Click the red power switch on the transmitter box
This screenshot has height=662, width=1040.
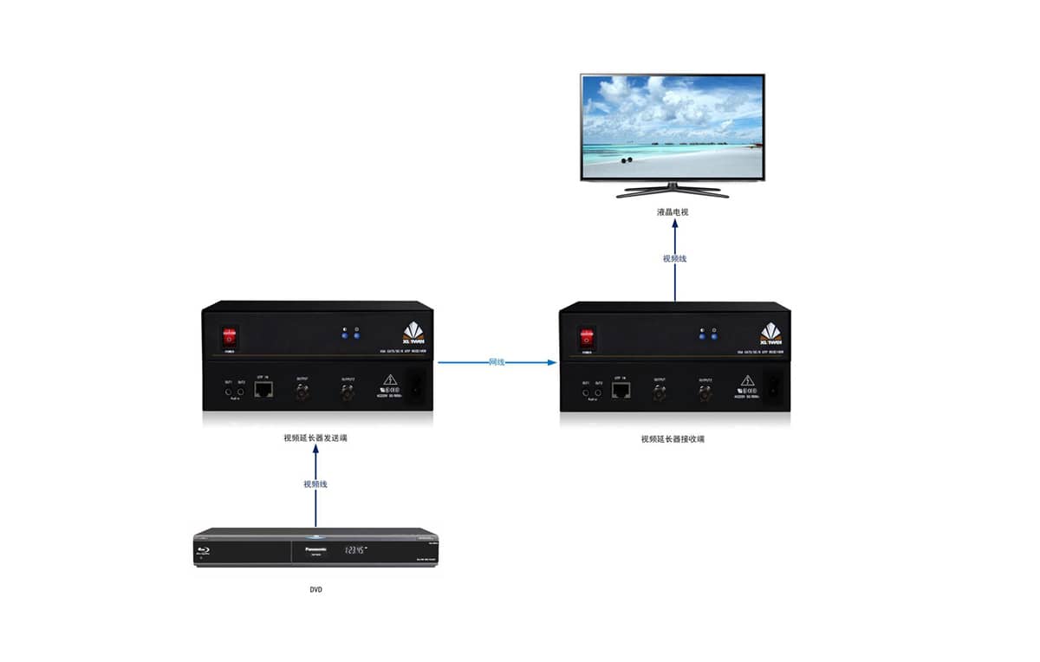point(230,336)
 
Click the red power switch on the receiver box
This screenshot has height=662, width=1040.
point(588,337)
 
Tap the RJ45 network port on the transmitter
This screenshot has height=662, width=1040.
point(264,392)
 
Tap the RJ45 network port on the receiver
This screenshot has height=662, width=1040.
point(621,392)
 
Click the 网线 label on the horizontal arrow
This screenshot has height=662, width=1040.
point(497,361)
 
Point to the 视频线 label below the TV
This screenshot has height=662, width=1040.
point(675,258)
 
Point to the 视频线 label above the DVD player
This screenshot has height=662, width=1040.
point(315,484)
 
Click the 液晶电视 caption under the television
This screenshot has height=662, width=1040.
point(673,212)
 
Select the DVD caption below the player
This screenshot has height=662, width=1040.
point(315,590)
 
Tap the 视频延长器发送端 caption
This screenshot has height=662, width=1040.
point(315,438)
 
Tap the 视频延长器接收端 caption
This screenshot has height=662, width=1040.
point(673,439)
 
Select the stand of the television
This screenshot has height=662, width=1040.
point(673,189)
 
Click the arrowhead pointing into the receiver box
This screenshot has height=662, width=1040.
point(551,362)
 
